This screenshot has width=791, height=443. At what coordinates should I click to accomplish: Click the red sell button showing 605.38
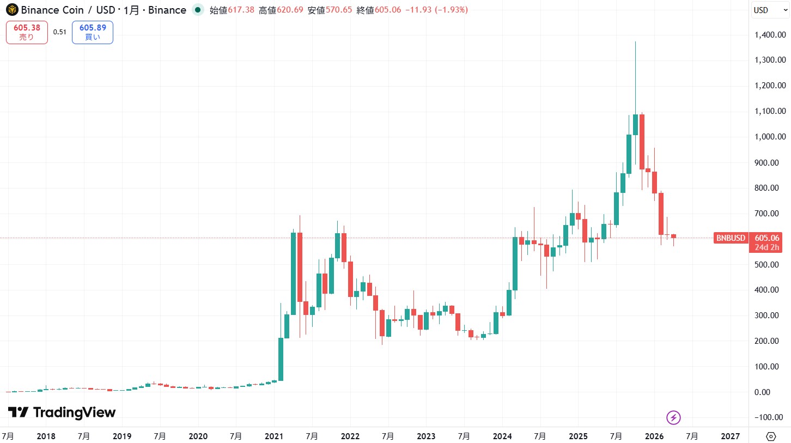27,32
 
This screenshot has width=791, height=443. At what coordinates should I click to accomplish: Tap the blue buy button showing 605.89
92,32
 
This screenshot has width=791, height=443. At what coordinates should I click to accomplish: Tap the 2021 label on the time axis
274,436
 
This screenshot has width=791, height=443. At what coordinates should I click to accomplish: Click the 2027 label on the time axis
730,436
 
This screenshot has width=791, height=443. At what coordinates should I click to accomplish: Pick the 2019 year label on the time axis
121,436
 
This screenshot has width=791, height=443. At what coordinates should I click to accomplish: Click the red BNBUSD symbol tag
731,238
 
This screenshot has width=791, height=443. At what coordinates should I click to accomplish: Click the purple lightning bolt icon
674,418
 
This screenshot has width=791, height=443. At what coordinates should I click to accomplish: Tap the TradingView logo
62,412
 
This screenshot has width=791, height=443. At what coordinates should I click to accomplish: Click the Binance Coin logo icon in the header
11,10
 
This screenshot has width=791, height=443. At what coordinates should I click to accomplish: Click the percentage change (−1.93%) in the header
449,10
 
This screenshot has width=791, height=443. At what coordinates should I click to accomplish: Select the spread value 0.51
60,32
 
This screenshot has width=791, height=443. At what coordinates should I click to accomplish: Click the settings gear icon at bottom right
771,436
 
